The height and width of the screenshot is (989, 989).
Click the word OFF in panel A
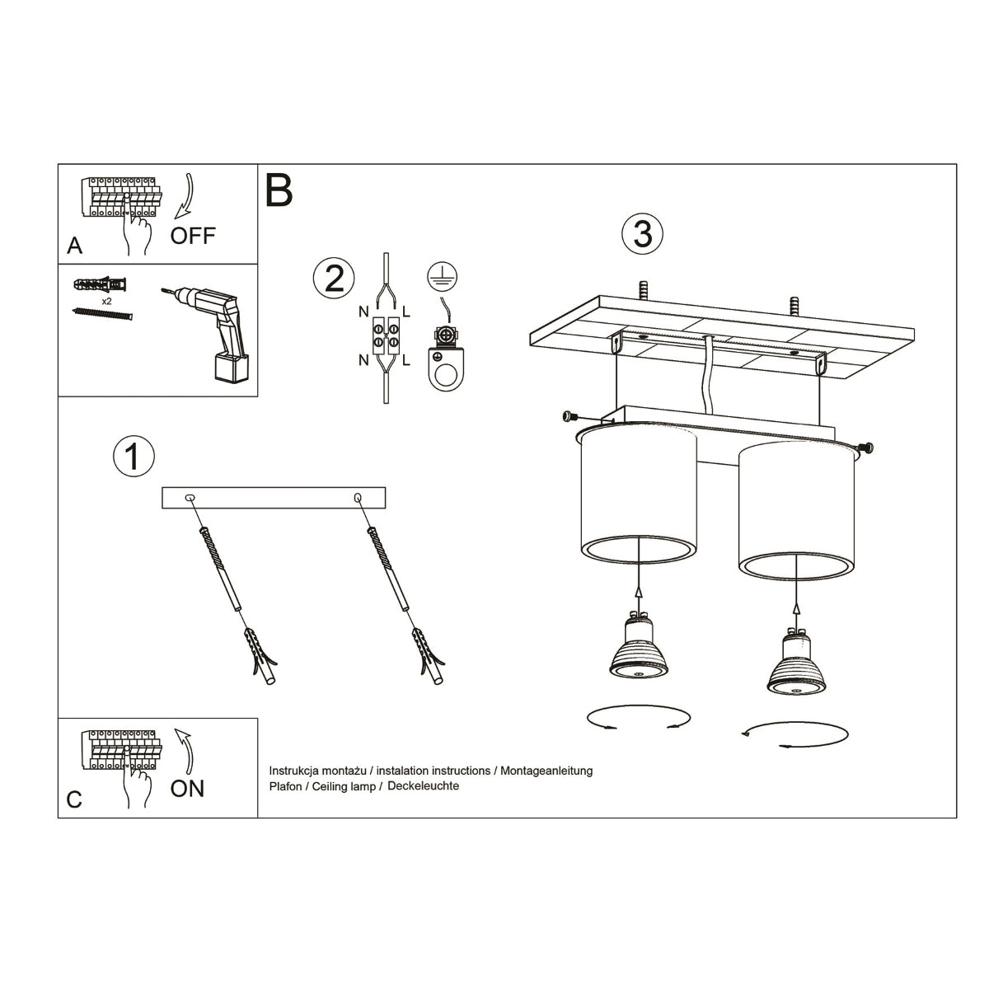pos(193,236)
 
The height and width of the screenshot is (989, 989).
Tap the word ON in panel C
pos(187,789)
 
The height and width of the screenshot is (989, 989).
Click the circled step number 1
pos(134,457)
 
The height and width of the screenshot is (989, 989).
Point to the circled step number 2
pos(334,279)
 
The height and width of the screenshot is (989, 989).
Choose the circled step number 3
pos(642,234)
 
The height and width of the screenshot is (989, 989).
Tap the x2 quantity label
pos(107,302)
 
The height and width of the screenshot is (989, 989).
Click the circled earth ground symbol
pos(444,276)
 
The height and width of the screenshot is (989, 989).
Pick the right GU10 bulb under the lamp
pos(794,663)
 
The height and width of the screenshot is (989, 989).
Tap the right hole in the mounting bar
pos(358,498)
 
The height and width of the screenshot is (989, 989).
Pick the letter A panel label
pos(75,246)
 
